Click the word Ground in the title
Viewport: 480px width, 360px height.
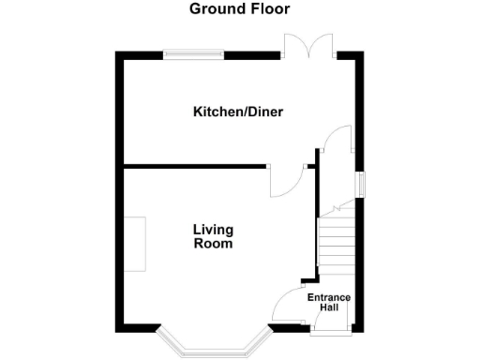tap(214, 9)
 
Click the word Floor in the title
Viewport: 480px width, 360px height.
tap(268, 9)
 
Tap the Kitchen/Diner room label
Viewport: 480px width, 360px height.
tap(238, 112)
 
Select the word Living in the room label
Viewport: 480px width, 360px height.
tap(213, 230)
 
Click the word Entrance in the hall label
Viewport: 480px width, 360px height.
tap(329, 298)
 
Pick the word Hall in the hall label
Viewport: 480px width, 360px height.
tap(329, 308)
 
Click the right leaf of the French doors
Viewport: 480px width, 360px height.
tap(322, 45)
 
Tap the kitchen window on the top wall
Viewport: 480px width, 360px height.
tap(194, 54)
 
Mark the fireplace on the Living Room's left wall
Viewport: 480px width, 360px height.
tap(136, 244)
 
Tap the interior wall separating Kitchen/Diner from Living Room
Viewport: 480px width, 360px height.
tap(197, 167)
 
